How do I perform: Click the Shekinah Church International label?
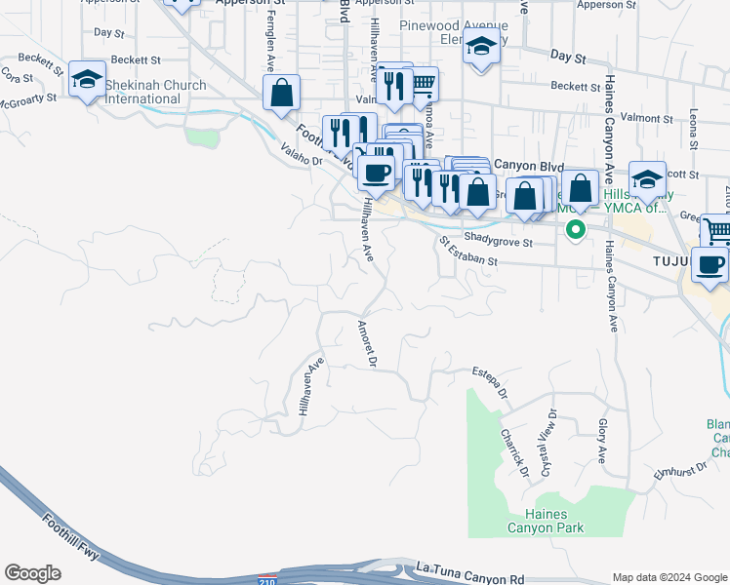(x=156, y=92)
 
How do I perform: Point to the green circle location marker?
(x=576, y=230)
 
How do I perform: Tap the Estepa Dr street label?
(x=490, y=382)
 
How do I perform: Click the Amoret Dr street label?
(x=367, y=343)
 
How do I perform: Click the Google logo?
(x=32, y=573)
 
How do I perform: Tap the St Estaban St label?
(x=468, y=253)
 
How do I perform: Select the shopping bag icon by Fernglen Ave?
(x=281, y=94)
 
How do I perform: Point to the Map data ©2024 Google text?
(x=669, y=577)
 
